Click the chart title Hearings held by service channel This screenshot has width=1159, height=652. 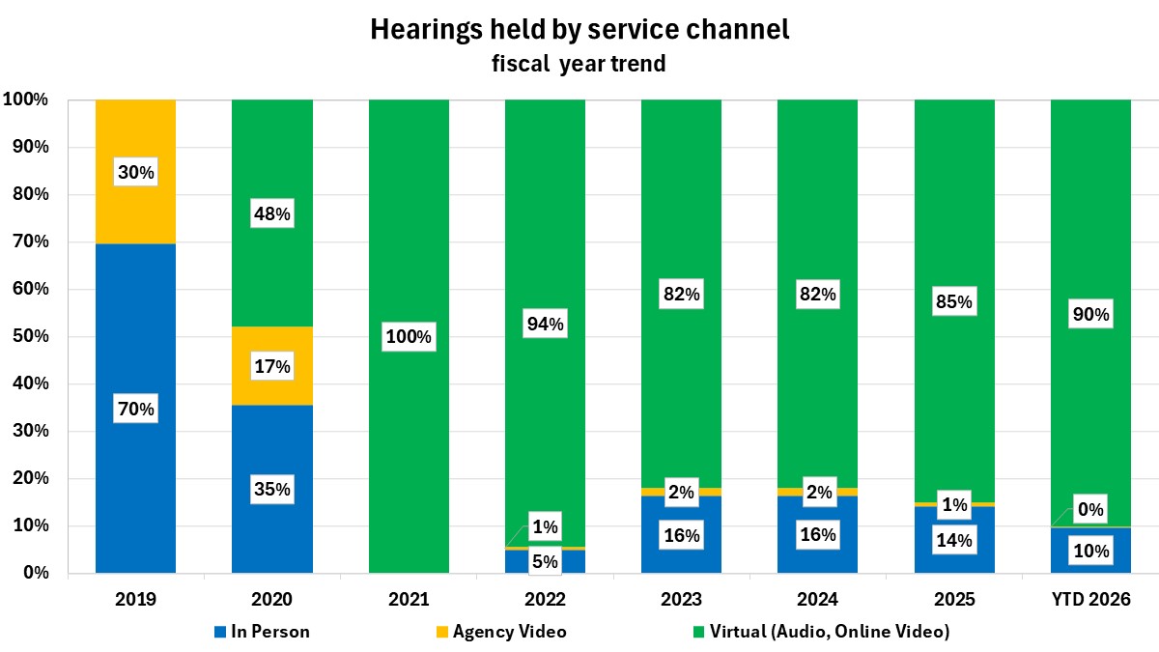[x=579, y=30]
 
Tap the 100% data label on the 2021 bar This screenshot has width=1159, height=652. [x=409, y=338]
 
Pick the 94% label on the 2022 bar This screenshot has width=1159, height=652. [x=545, y=325]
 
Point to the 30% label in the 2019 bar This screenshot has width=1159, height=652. [x=135, y=172]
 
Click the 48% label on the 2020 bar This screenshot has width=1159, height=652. [x=271, y=214]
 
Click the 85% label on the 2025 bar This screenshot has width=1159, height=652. [x=954, y=302]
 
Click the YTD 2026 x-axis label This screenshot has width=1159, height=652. [x=1090, y=600]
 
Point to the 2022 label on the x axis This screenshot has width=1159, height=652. [x=545, y=600]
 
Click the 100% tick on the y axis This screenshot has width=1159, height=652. [x=33, y=99]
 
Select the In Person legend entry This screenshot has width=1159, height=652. [x=263, y=633]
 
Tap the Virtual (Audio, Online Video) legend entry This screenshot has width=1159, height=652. [x=821, y=633]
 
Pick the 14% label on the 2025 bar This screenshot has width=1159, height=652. [x=954, y=540]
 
